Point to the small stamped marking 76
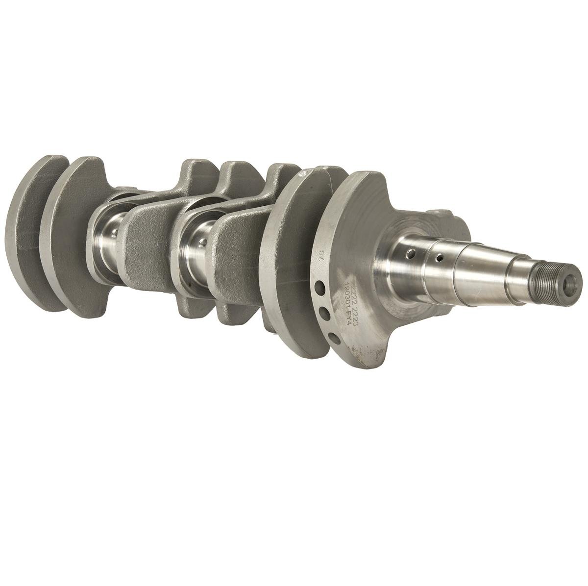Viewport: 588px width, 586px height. tap(321, 255)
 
